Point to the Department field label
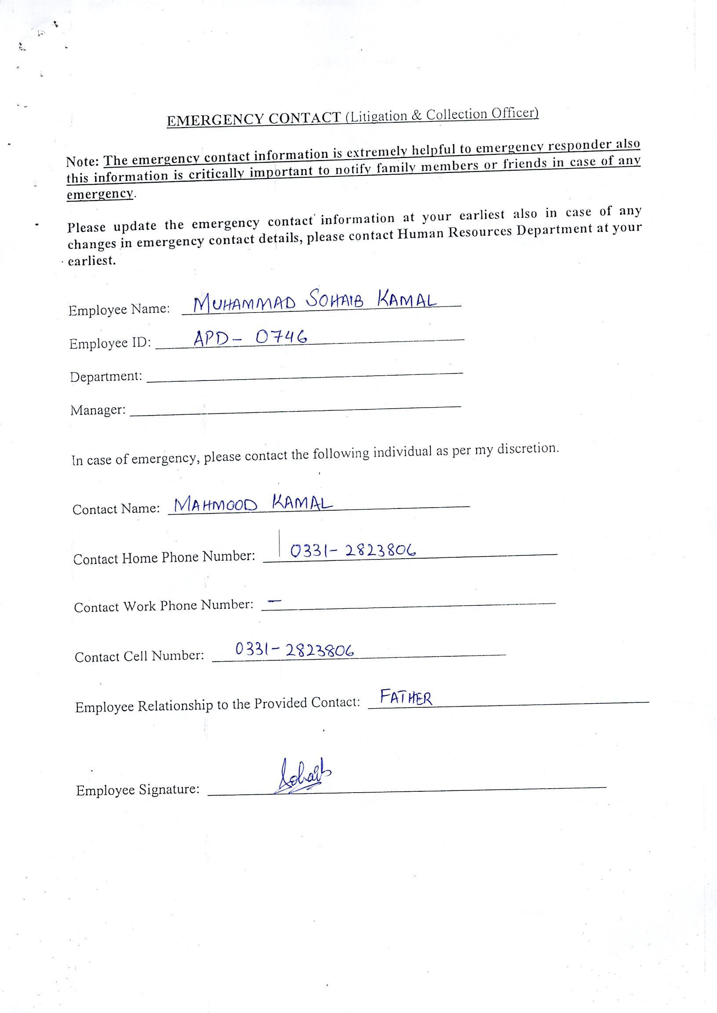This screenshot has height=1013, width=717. (x=106, y=377)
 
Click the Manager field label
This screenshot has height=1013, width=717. (x=98, y=410)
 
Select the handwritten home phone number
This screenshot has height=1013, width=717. (x=353, y=550)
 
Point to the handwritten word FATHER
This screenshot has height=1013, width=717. (x=406, y=698)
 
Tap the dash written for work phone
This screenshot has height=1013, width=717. (x=275, y=601)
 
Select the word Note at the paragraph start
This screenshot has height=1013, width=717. (x=83, y=161)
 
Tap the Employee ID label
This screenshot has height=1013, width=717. (x=110, y=343)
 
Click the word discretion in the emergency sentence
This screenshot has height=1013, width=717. (x=528, y=449)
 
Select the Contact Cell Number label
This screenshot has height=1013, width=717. (x=139, y=656)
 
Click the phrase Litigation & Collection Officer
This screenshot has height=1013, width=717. (x=441, y=115)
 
